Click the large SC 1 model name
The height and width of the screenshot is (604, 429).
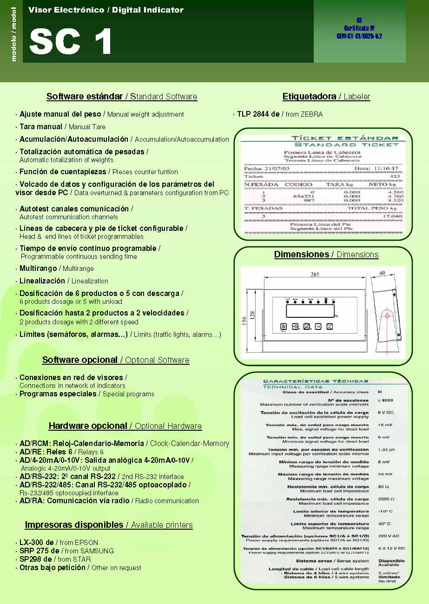click(x=71, y=42)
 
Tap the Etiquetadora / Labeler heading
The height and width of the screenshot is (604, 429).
click(x=326, y=97)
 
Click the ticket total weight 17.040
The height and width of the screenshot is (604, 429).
click(x=393, y=216)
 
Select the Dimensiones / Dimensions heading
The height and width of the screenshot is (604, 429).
click(x=326, y=255)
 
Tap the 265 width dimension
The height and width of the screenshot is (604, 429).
click(x=315, y=275)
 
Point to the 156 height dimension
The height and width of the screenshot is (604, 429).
click(x=244, y=322)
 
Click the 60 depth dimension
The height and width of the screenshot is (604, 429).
click(x=382, y=274)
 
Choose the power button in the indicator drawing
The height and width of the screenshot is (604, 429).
click(x=284, y=327)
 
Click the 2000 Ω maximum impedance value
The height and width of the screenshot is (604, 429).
click(x=386, y=499)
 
